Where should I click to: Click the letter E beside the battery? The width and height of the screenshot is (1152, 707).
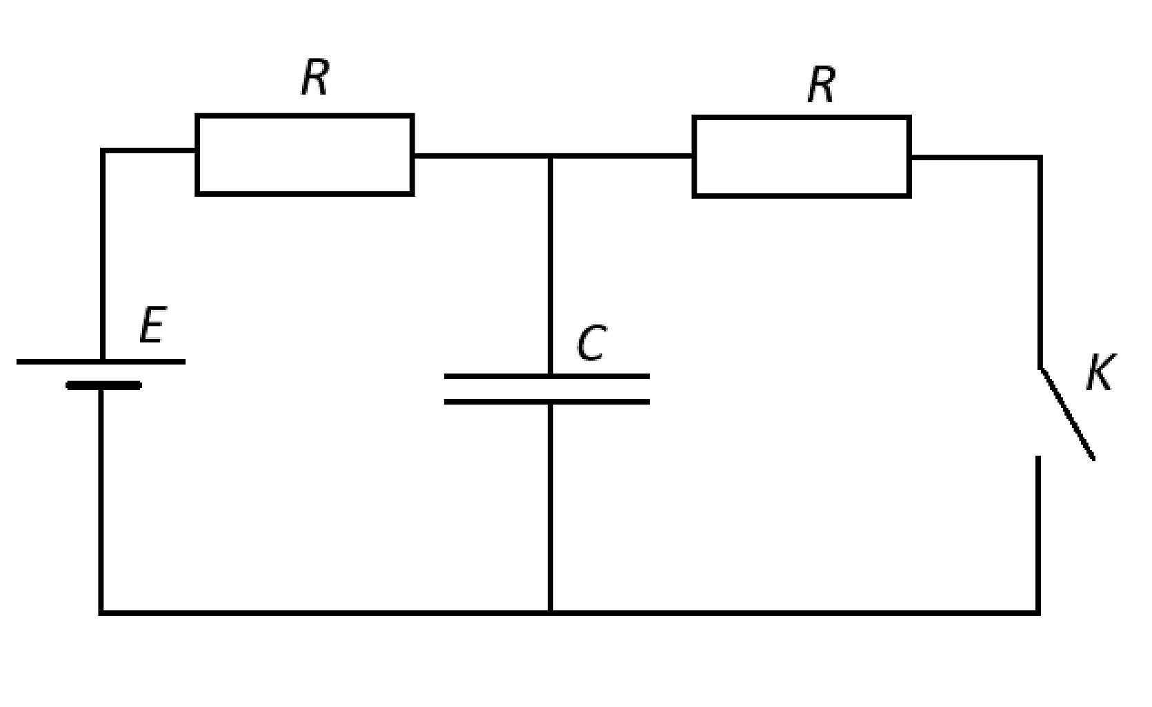pyautogui.click(x=153, y=325)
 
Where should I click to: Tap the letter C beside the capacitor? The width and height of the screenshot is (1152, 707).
pyautogui.click(x=591, y=342)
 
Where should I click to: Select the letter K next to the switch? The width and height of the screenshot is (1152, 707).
pyautogui.click(x=1100, y=372)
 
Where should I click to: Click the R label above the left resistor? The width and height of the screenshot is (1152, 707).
pyautogui.click(x=315, y=77)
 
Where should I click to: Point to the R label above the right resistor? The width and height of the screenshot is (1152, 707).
pyautogui.click(x=822, y=84)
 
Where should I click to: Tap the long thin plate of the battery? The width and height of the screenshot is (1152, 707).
pyautogui.click(x=101, y=362)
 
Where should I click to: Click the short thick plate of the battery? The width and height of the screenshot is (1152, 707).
pyautogui.click(x=103, y=385)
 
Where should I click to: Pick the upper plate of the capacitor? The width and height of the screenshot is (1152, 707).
pyautogui.click(x=547, y=376)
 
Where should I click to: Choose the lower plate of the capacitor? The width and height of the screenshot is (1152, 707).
pyautogui.click(x=547, y=402)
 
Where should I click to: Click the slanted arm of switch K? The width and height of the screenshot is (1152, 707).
pyautogui.click(x=1066, y=414)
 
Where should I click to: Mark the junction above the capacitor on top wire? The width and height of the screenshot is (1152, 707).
pyautogui.click(x=550, y=155)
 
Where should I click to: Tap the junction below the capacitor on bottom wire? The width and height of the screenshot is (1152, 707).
pyautogui.click(x=550, y=613)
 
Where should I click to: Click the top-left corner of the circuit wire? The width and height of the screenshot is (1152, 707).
pyautogui.click(x=103, y=151)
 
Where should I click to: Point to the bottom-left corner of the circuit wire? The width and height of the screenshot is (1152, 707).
pyautogui.click(x=101, y=613)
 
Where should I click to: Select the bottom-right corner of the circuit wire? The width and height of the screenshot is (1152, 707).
pyautogui.click(x=1037, y=613)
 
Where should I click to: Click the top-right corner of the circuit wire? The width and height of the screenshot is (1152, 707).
pyautogui.click(x=1040, y=157)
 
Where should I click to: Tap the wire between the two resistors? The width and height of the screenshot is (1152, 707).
pyautogui.click(x=553, y=155)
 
